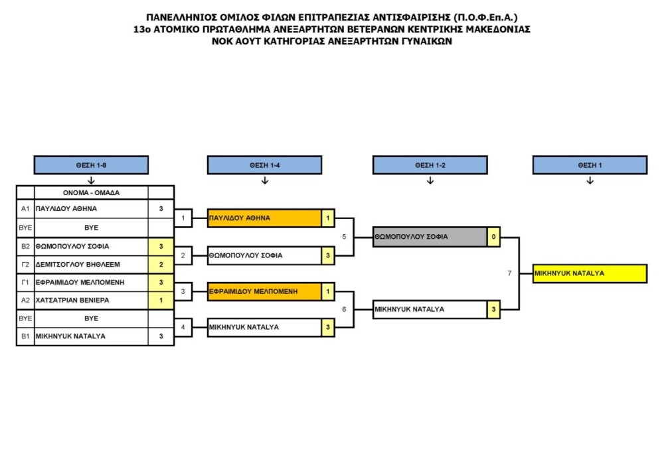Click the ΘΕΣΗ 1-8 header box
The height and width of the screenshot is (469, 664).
[x=91, y=165]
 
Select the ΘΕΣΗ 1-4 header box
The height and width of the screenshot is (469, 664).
[x=264, y=165]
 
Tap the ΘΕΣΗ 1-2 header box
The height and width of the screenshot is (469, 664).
[x=430, y=165]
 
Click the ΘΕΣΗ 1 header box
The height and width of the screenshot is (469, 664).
[x=590, y=165]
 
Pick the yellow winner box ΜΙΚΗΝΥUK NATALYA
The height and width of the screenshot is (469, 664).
[x=590, y=273]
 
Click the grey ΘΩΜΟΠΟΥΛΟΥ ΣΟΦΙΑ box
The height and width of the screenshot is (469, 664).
[x=430, y=237]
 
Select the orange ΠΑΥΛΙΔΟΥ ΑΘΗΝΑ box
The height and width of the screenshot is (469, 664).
[x=264, y=218]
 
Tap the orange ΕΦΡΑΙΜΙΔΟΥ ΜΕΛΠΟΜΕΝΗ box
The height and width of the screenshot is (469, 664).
[x=264, y=292]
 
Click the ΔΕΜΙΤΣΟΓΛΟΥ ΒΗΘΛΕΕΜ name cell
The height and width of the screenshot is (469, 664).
[x=91, y=265]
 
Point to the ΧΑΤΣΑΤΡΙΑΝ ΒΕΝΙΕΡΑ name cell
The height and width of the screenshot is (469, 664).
[x=91, y=301]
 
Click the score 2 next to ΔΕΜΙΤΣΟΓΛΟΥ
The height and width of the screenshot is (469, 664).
[x=161, y=265]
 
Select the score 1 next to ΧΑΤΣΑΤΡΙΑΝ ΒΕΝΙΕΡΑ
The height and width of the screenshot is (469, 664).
[x=161, y=301]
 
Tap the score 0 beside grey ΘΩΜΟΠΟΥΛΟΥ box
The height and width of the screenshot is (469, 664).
[x=493, y=237]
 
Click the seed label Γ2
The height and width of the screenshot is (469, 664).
[x=25, y=265]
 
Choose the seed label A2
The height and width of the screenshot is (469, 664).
[x=25, y=301]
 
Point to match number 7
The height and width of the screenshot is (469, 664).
[x=509, y=273]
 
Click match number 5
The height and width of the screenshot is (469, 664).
[x=344, y=237]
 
